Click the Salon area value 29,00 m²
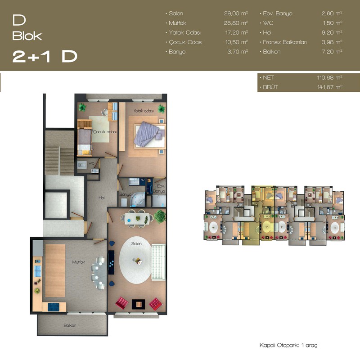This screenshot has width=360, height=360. (x=236, y=13)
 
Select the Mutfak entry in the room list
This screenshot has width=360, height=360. (x=177, y=23)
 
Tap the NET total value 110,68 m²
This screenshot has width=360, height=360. (x=330, y=77)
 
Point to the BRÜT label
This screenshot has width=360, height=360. (x=270, y=87)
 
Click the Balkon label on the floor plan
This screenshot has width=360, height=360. (x=70, y=325)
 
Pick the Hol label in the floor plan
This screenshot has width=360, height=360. (x=102, y=198)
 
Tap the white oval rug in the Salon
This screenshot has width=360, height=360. (x=135, y=260)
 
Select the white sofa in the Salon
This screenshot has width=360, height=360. (x=158, y=262)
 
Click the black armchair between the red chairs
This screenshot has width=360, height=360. (x=138, y=304)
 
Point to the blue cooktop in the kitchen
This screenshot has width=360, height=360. (x=54, y=307)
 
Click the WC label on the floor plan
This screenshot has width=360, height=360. (x=91, y=163)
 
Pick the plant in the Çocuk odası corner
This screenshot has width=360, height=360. (x=82, y=107)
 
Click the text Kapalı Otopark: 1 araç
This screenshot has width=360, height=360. (x=288, y=345)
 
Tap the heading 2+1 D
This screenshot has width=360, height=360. (x=45, y=57)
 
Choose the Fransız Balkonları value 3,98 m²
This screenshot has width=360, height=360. (x=332, y=42)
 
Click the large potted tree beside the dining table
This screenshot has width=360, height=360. (x=160, y=216)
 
